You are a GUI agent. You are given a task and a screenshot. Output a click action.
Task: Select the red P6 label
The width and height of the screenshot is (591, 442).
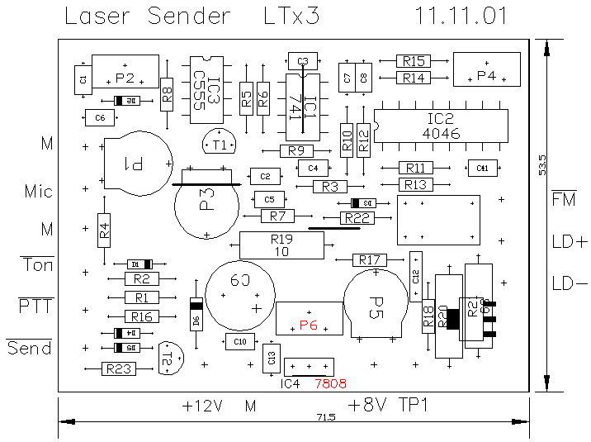pyautogui.click(x=309, y=326)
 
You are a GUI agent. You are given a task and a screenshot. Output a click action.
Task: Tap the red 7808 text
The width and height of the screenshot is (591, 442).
pyautogui.click(x=330, y=383)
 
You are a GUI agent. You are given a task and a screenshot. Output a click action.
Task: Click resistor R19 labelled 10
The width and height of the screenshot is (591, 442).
pyautogui.click(x=281, y=245)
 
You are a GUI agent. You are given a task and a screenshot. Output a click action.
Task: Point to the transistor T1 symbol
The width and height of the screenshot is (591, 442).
pyautogui.click(x=220, y=143)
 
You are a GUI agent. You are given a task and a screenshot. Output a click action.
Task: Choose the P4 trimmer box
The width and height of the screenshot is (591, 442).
pyautogui.click(x=487, y=69)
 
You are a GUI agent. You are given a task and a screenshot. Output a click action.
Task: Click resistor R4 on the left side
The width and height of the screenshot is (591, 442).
pyautogui.click(x=104, y=231)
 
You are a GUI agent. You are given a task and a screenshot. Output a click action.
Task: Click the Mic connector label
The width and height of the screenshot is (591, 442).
pyautogui.click(x=39, y=192)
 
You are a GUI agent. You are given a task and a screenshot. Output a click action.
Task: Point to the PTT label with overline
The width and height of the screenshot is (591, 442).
pyautogui.click(x=35, y=307)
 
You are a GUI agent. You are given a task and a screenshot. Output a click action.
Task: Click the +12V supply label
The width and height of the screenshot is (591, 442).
pyautogui.click(x=203, y=406)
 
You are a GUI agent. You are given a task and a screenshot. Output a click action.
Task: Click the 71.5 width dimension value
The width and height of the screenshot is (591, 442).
pyautogui.click(x=325, y=418)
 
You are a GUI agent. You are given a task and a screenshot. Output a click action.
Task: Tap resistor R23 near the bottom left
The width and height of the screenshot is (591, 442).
pyautogui.click(x=118, y=369)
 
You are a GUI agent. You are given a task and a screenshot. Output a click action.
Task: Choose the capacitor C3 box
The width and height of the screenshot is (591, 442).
pyautogui.click(x=302, y=61)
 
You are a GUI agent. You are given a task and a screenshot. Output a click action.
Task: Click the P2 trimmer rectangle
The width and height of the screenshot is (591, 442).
pyautogui.click(x=125, y=72)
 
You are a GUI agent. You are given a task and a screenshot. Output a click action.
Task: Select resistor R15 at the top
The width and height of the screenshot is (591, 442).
pyautogui.click(x=414, y=61)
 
